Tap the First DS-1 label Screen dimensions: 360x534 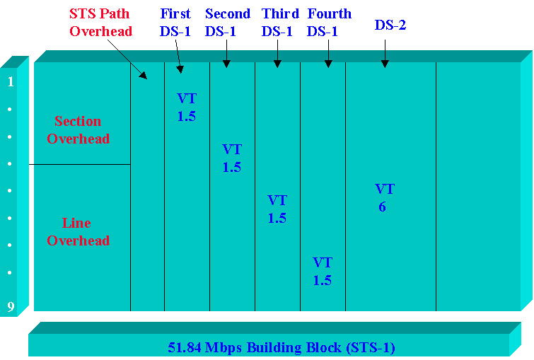tap(175, 22)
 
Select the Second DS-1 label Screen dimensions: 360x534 tap(227, 22)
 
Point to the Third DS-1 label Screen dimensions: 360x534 tap(279, 22)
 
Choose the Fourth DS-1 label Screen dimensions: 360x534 tap(329, 22)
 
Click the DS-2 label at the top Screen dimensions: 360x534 tap(390, 25)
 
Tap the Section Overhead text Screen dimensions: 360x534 tap(79, 130)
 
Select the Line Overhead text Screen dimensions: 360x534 tap(79, 232)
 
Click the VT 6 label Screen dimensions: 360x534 tap(384, 198)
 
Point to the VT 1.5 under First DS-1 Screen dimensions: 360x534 tap(187, 108)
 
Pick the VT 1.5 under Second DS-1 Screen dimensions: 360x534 tap(232, 158)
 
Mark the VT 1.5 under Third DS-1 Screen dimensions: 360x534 tap(277, 209)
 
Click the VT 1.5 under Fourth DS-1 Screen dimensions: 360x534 tap(323, 272)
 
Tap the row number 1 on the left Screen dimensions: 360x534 tap(11, 82)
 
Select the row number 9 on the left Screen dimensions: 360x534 tap(11, 307)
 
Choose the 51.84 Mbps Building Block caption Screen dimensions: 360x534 tap(281, 347)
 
